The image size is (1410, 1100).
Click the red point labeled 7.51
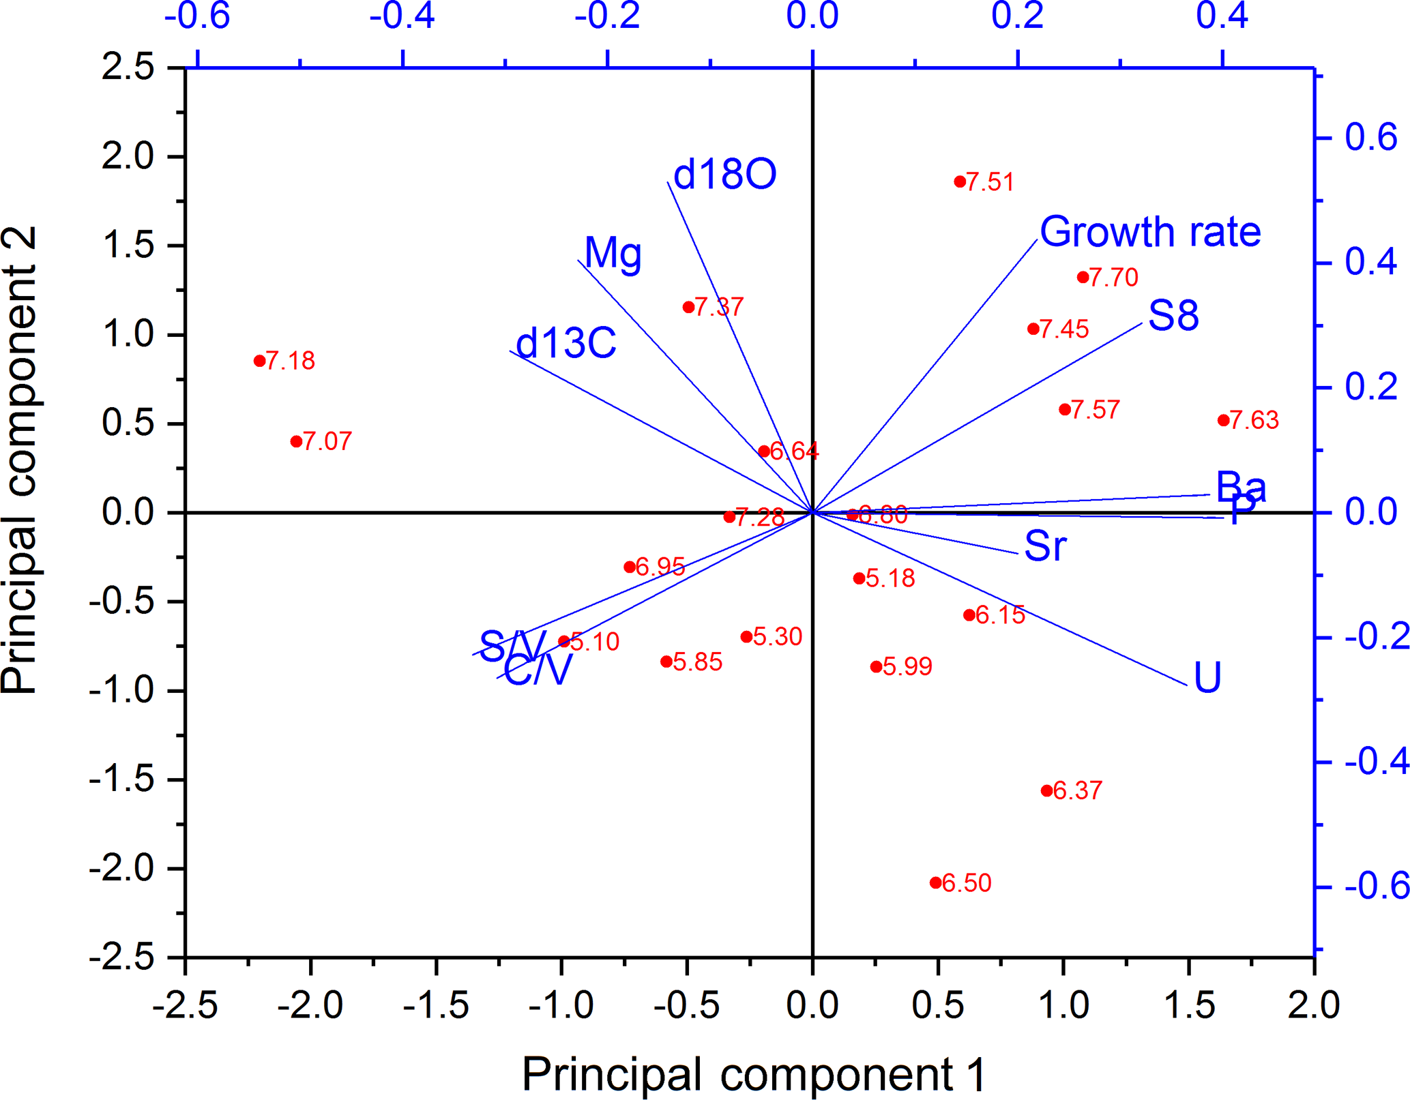[960, 182]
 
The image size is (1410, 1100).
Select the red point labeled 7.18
[259, 361]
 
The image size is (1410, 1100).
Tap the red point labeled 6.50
[936, 883]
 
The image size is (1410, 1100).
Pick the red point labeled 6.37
[1046, 790]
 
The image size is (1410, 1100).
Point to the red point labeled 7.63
[1223, 420]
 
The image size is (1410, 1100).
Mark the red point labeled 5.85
[666, 662]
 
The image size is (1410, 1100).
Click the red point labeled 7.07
[296, 441]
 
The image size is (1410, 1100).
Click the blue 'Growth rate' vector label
[1150, 232]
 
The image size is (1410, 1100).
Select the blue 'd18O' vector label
[724, 174]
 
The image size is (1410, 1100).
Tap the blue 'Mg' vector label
[613, 254]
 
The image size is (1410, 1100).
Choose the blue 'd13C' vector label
[566, 342]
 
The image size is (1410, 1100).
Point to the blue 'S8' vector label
[1173, 316]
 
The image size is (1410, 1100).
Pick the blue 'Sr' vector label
[1045, 546]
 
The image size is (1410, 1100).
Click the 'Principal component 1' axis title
[754, 1075]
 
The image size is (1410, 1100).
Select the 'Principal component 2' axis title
[19, 460]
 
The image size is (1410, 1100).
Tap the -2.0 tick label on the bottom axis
[310, 1006]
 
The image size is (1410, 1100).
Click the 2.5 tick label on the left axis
[129, 68]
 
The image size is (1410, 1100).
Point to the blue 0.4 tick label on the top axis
[1222, 16]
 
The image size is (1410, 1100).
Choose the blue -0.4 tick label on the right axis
[1377, 762]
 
